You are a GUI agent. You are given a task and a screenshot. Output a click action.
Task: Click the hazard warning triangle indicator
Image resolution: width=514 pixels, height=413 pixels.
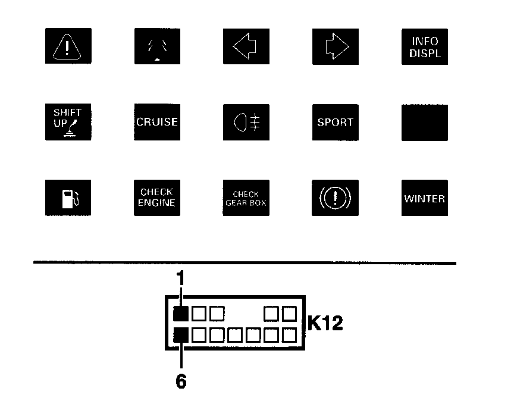[x=68, y=46]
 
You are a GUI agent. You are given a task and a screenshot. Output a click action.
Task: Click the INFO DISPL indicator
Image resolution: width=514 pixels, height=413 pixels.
[x=425, y=46]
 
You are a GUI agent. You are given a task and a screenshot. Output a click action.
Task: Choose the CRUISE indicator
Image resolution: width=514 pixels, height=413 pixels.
[x=157, y=123]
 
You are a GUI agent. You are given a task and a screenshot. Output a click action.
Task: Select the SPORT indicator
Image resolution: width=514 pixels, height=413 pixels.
[x=336, y=123]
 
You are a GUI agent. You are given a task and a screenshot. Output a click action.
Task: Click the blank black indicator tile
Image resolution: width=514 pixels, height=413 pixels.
[x=425, y=123]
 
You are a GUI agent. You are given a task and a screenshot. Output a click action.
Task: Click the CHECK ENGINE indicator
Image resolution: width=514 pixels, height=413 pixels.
[x=157, y=198]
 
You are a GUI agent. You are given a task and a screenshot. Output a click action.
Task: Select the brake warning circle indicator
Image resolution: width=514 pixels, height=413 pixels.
[x=336, y=198]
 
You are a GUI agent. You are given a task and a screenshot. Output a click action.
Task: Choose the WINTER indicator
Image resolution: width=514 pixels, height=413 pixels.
[x=425, y=198]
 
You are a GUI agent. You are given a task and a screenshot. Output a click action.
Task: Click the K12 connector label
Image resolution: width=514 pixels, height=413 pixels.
[x=325, y=324]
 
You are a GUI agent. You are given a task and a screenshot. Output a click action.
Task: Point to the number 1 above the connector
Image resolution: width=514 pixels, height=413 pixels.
[x=181, y=278]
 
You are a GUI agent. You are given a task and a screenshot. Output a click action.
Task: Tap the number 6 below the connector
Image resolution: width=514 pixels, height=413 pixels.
[x=181, y=381]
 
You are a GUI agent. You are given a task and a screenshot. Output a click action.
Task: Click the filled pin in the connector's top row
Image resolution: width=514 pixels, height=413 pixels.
[x=181, y=313]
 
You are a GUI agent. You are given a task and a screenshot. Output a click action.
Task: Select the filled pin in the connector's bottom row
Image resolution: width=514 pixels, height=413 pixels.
[x=181, y=336]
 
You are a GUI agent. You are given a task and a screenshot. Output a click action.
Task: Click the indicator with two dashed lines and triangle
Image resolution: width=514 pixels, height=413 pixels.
[x=157, y=46]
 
